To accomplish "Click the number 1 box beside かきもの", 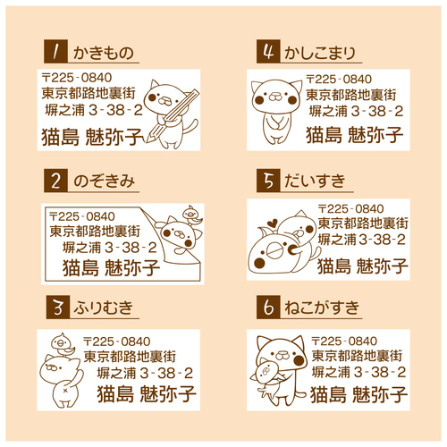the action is click(55, 51).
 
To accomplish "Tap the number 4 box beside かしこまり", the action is click(268, 51).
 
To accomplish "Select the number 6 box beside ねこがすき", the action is click(268, 307).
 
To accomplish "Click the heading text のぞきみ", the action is click(104, 181).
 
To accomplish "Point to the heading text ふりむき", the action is click(104, 308).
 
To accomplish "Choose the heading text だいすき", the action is click(315, 181).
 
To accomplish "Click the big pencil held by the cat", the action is click(172, 116).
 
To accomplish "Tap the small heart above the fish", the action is click(272, 223).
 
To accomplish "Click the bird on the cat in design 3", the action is click(63, 344).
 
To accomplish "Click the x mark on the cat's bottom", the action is click(65, 391).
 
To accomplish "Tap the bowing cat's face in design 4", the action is click(276, 97).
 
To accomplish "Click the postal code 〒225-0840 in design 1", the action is click(77, 78).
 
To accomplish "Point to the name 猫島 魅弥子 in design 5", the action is click(362, 266).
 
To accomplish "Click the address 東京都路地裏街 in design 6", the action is click(357, 356).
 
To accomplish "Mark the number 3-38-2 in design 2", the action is click(131, 248).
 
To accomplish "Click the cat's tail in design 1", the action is click(190, 127).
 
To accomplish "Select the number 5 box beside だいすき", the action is click(268, 181).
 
